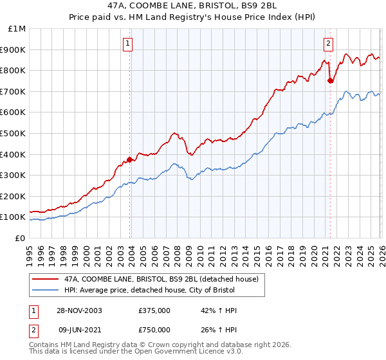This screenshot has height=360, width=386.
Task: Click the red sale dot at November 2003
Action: tap(130, 159)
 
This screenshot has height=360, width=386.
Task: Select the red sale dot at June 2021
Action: tap(330, 80)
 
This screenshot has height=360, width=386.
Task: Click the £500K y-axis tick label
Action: tap(14, 134)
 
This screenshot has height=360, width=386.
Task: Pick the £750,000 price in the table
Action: tap(154, 329)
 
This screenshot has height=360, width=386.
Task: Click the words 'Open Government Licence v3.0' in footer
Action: tap(187, 353)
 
